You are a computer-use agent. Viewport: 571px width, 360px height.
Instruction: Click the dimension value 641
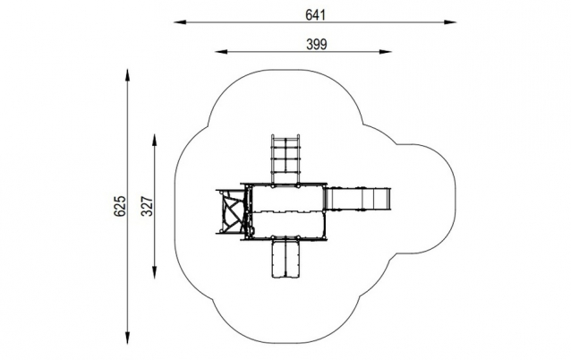tap(315, 15)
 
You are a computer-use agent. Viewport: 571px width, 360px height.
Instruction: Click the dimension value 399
tap(317, 45)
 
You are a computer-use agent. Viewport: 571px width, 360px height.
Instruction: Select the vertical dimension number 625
tap(119, 206)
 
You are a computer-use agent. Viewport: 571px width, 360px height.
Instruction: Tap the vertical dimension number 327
tap(147, 206)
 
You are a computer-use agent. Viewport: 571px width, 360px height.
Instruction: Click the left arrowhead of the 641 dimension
tap(180, 22)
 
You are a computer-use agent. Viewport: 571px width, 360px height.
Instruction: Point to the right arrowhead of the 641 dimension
tap(450, 22)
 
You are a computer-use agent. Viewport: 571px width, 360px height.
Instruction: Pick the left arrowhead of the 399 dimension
tap(221, 52)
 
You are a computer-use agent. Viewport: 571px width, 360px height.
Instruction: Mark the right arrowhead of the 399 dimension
tap(385, 52)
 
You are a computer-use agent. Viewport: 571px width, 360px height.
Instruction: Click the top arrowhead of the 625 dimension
tap(127, 75)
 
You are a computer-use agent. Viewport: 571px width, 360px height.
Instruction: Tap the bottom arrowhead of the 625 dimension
tap(127, 338)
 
